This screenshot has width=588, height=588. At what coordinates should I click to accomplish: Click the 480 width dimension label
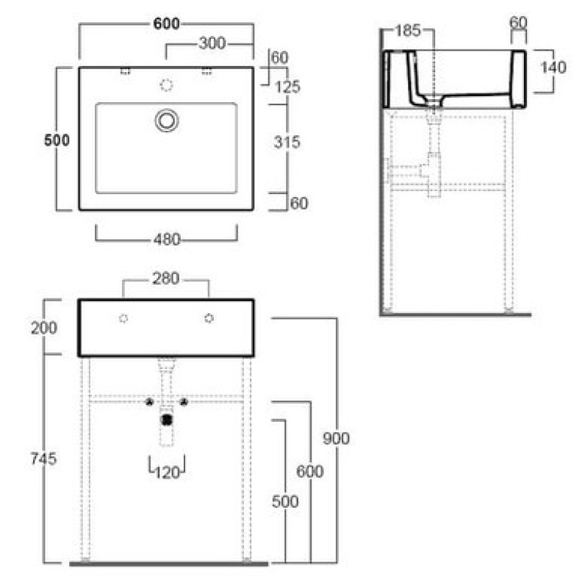click(x=167, y=240)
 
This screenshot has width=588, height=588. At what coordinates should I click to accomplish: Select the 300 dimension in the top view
click(x=212, y=43)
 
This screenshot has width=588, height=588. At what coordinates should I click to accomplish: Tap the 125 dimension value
click(x=287, y=87)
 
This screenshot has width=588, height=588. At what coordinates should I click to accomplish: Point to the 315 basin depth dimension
click(x=287, y=142)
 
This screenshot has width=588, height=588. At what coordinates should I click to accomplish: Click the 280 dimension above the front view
click(x=166, y=279)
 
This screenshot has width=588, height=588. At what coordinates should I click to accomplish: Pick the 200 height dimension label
click(x=44, y=328)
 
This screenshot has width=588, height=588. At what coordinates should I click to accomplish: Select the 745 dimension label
click(x=43, y=459)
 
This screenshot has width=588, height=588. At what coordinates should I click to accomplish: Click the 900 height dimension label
click(x=336, y=438)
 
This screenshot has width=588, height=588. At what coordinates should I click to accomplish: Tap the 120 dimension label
click(x=167, y=473)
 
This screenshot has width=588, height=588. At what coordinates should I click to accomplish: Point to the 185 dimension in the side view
click(x=408, y=31)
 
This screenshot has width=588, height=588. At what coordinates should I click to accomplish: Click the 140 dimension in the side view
click(x=553, y=68)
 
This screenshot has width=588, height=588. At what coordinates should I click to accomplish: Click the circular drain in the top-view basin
click(x=167, y=121)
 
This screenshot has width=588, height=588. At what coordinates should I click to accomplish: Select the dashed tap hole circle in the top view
click(x=167, y=85)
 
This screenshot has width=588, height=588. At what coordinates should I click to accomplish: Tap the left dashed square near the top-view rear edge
click(x=125, y=71)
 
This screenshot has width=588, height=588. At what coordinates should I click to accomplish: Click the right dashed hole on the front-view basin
click(x=209, y=318)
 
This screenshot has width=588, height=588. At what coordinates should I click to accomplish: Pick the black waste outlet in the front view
click(x=167, y=420)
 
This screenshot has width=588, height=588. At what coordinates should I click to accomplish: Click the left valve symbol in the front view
click(x=149, y=402)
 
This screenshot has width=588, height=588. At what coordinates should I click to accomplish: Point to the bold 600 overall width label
click(x=167, y=24)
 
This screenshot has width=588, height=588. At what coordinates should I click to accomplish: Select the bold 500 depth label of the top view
click(x=57, y=140)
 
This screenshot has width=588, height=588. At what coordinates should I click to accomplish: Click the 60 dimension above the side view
click(x=518, y=23)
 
